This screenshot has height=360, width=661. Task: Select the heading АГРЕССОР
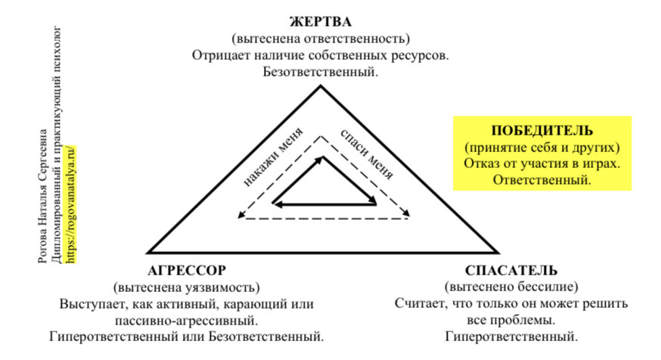186,271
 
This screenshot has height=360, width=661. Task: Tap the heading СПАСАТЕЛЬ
511,271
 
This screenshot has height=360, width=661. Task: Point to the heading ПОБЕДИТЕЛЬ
542,130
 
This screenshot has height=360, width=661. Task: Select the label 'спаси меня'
367,154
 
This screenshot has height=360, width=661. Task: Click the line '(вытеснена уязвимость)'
186,288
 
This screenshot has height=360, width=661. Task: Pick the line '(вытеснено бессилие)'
511,287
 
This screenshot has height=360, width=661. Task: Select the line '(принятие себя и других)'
542,147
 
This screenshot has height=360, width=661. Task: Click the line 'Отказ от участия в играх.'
542,163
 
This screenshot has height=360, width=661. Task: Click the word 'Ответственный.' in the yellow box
542,180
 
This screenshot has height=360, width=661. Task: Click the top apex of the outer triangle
321,85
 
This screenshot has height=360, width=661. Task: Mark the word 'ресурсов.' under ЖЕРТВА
423,55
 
